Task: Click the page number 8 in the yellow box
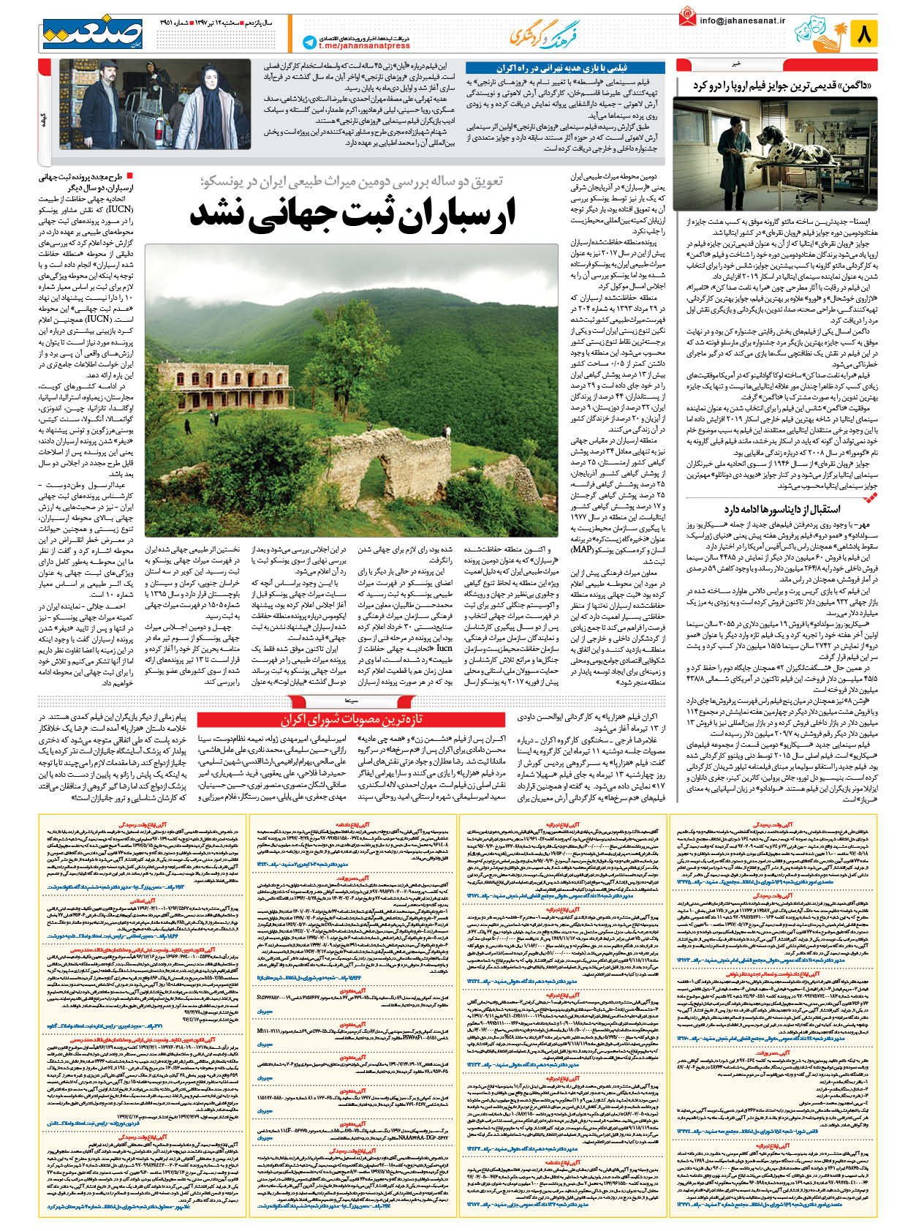863,34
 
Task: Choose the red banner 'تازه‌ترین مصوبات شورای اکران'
351,720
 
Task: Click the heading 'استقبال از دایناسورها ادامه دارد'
781,508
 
